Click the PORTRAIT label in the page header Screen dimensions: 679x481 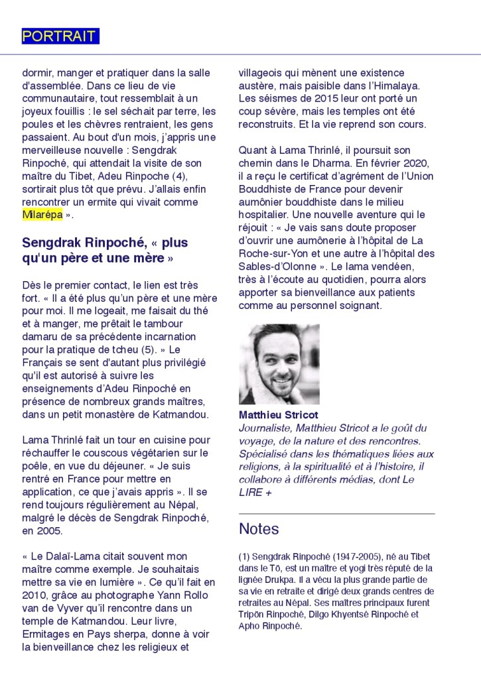(x=60, y=36)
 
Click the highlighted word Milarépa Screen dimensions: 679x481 (x=42, y=215)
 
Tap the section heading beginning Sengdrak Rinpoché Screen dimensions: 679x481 (x=105, y=250)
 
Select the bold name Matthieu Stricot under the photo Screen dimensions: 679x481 (x=269, y=415)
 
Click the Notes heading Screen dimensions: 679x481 (x=259, y=529)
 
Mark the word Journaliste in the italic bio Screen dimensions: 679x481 (x=265, y=428)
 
